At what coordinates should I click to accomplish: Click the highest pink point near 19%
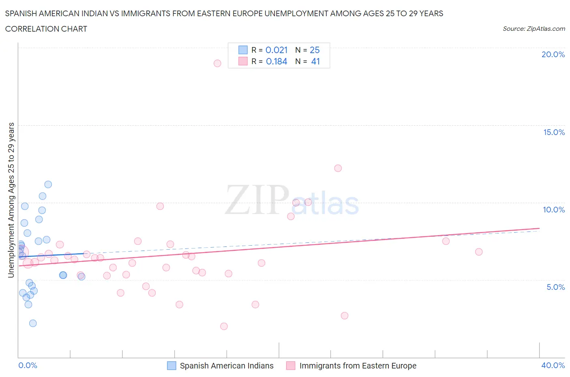[x=217, y=63]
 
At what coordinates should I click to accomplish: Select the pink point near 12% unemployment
[x=338, y=168]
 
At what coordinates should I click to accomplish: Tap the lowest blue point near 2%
[x=33, y=323]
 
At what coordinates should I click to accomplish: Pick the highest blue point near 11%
[x=48, y=184]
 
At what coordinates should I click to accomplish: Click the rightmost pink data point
[x=479, y=252]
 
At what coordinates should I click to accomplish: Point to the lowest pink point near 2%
[x=224, y=326]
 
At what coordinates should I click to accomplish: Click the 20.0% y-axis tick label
[x=553, y=55]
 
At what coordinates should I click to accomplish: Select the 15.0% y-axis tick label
[x=554, y=133]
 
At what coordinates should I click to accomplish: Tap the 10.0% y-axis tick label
[x=554, y=210]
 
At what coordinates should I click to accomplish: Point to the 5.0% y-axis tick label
[x=555, y=287]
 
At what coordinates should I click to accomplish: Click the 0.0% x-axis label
[x=28, y=365]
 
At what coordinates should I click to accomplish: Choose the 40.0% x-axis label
[x=553, y=365]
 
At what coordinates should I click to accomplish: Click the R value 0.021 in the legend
[x=276, y=50]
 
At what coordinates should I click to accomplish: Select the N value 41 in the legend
[x=315, y=62]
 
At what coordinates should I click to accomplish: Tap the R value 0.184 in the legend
[x=276, y=62]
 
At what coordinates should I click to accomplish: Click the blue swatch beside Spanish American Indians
[x=172, y=366]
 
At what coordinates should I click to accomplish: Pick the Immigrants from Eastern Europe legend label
[x=358, y=366]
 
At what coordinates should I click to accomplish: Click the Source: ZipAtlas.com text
[x=534, y=29]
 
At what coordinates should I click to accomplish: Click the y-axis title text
[x=11, y=200]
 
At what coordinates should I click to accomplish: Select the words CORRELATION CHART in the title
[x=46, y=29]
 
